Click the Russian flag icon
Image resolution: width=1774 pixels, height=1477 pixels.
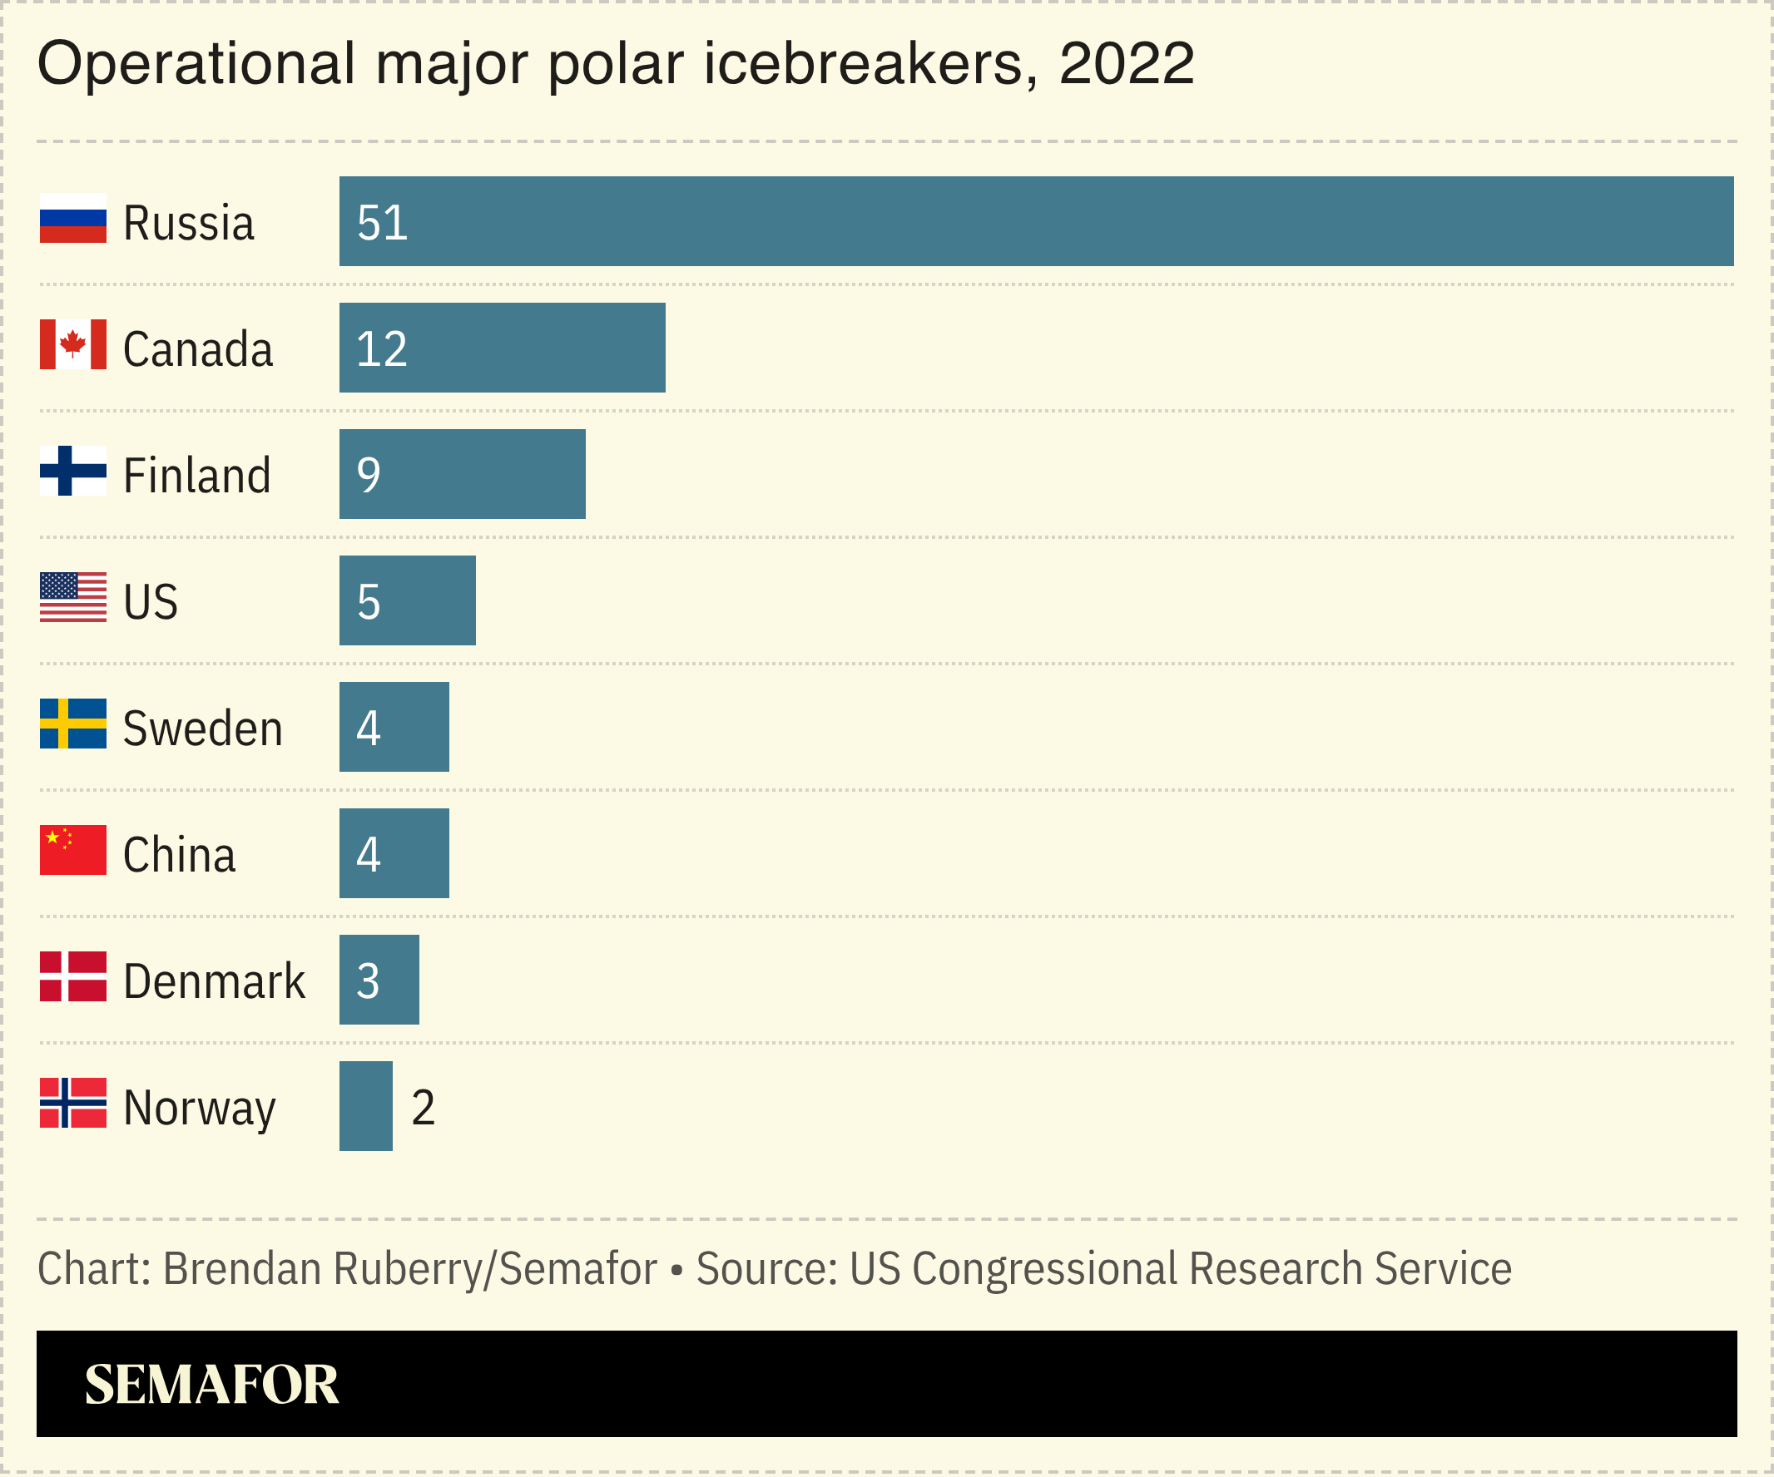click(72, 218)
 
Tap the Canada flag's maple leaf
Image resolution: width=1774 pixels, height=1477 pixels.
click(72, 343)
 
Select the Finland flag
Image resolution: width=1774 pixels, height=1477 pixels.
click(72, 471)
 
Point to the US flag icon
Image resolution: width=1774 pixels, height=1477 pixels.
click(72, 597)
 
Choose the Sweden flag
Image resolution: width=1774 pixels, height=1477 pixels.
click(72, 723)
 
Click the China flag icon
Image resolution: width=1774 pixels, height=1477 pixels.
click(72, 850)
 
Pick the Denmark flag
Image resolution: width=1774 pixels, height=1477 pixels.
click(72, 976)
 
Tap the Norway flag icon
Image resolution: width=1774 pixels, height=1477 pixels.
click(72, 1102)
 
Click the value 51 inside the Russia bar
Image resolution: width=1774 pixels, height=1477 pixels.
click(382, 223)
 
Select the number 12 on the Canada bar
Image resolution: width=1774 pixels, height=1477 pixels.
click(382, 348)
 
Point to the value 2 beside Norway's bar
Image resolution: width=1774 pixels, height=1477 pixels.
click(423, 1107)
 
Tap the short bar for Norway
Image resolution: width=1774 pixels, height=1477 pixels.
click(366, 1105)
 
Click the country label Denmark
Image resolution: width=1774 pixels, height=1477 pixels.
click(214, 981)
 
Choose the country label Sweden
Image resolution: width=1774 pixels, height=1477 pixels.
click(203, 729)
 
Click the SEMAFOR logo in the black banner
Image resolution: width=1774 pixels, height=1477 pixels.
click(211, 1385)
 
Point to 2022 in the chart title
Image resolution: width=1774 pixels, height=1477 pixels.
click(1126, 64)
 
